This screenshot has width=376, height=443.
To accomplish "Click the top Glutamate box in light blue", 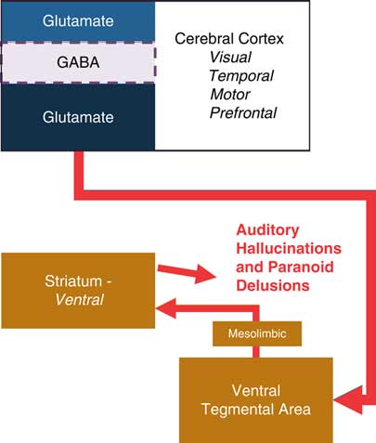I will (x=78, y=20).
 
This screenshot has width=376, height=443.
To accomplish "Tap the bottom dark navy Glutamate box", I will (x=78, y=117).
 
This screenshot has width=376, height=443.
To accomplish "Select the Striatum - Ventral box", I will (x=78, y=290).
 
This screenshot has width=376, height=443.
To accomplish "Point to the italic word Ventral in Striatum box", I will (x=78, y=299).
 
